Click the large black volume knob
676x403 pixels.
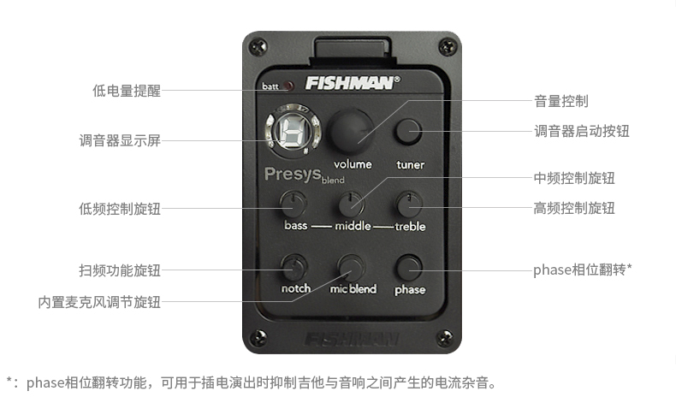point(352,132)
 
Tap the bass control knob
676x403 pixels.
point(294,204)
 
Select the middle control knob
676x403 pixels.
point(351,204)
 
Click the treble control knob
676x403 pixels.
point(409,204)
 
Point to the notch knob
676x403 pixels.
point(294,267)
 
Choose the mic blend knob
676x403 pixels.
point(351,267)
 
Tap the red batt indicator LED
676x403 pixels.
point(288,86)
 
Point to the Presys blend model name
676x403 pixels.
point(305,175)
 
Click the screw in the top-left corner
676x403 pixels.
point(258,46)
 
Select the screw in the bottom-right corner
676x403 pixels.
point(445,337)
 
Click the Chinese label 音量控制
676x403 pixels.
point(560,101)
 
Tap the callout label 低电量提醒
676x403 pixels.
point(127,91)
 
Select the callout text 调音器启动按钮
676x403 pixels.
point(582,131)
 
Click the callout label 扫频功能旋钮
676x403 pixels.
point(120,270)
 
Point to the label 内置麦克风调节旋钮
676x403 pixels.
point(99,302)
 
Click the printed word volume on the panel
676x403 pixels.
point(353,164)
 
